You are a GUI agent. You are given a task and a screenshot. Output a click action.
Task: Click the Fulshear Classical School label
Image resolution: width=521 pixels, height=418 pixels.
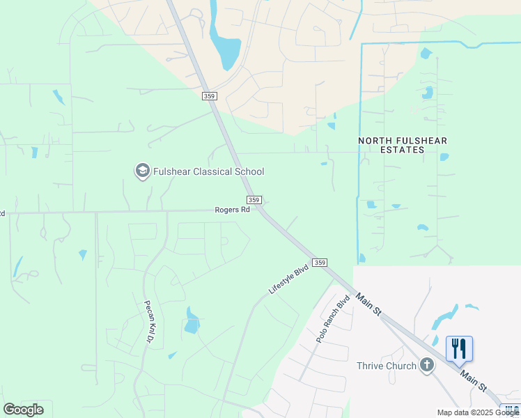point(208,171)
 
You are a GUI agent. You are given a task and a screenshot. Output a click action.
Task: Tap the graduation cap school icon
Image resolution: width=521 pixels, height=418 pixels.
point(143,171)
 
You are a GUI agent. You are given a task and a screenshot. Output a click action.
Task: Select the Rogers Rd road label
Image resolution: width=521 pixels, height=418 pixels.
point(232,210)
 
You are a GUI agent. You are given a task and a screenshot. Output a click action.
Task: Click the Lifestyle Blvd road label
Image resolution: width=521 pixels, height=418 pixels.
point(289,279)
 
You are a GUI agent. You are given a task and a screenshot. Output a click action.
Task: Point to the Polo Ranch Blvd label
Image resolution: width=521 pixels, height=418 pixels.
point(332,319)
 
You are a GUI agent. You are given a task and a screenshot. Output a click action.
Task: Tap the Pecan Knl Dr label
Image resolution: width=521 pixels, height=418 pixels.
point(148,321)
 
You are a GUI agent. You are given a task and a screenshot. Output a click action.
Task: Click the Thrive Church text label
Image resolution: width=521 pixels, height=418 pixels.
point(386,366)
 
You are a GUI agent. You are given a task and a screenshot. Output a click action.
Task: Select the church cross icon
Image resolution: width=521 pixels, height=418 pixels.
point(427,366)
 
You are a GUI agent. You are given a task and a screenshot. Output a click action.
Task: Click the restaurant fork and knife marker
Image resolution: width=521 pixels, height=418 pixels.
point(459,348)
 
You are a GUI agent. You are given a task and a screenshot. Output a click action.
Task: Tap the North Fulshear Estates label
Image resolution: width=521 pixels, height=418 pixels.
point(403,145)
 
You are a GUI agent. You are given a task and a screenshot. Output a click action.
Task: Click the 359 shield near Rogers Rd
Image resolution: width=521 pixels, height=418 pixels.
point(254,200)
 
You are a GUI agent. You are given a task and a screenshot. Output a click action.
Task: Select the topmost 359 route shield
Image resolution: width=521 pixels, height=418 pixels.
point(209,96)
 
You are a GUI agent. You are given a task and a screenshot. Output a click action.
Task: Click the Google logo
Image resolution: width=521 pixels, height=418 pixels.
point(23,410)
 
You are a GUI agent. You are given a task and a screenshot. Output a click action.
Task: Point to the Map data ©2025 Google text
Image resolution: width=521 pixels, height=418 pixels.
point(478,412)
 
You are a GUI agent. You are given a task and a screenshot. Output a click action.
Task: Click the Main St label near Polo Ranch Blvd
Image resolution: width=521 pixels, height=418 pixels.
point(368,304)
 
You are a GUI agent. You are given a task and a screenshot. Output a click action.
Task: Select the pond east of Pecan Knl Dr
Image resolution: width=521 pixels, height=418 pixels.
point(192,321)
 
